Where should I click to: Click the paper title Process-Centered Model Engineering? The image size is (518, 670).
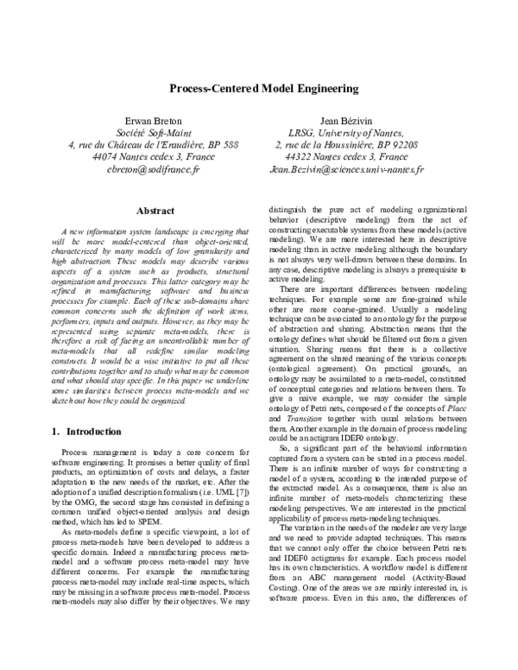point(259,88)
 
